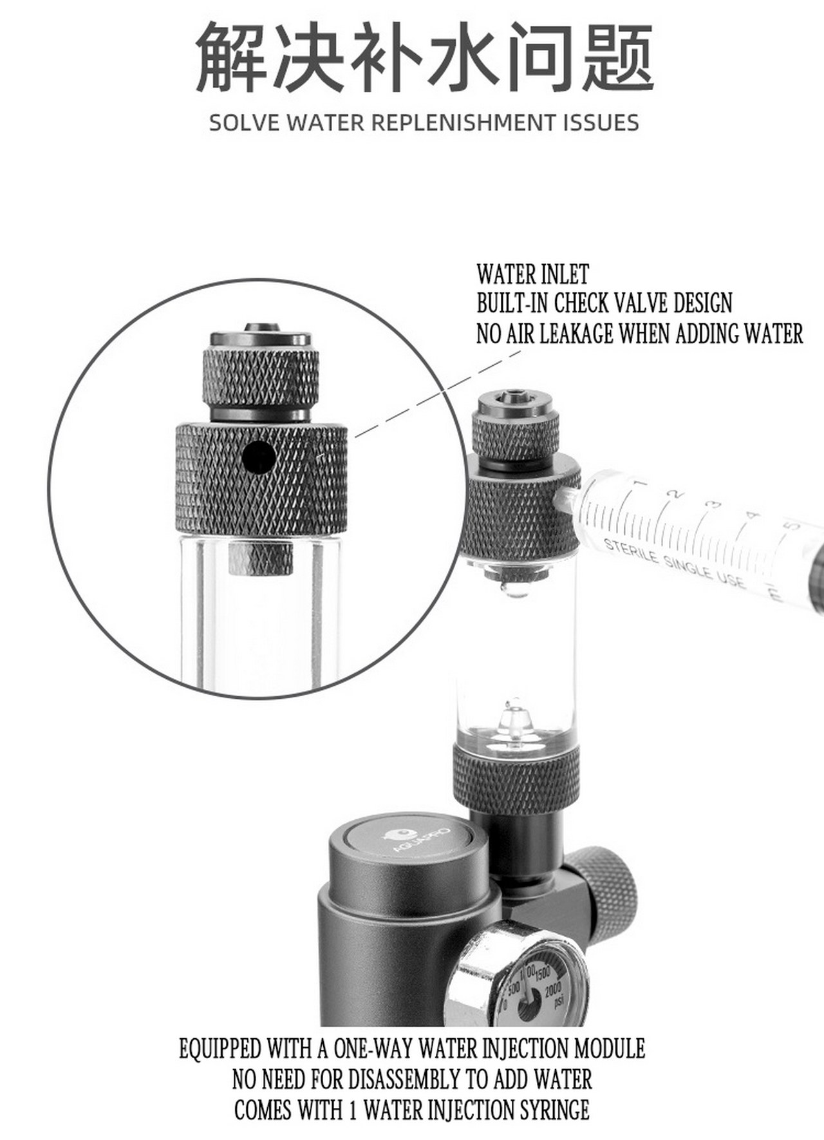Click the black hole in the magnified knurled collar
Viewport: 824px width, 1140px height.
pos(259,458)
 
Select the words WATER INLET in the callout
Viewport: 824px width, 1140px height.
pos(532,275)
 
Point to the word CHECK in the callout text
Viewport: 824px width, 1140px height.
pos(588,303)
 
